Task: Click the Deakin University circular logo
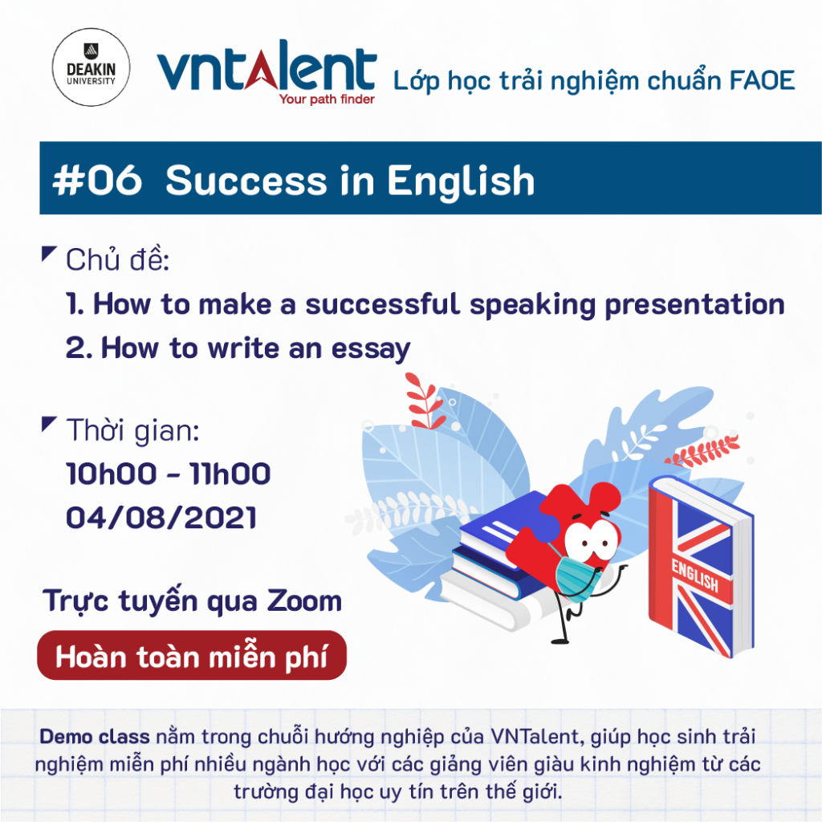[92, 67]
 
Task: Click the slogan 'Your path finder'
[327, 99]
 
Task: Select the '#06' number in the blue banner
[97, 181]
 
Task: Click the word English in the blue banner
[461, 181]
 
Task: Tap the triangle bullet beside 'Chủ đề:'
[48, 254]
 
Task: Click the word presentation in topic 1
[694, 304]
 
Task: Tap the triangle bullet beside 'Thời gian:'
[48, 424]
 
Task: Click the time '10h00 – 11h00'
[169, 474]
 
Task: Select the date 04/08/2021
[161, 518]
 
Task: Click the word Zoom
[304, 600]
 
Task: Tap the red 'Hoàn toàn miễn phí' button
[192, 655]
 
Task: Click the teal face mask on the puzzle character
[576, 576]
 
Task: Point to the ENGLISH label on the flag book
[694, 576]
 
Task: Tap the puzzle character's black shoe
[560, 640]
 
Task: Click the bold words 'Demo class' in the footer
[95, 737]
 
